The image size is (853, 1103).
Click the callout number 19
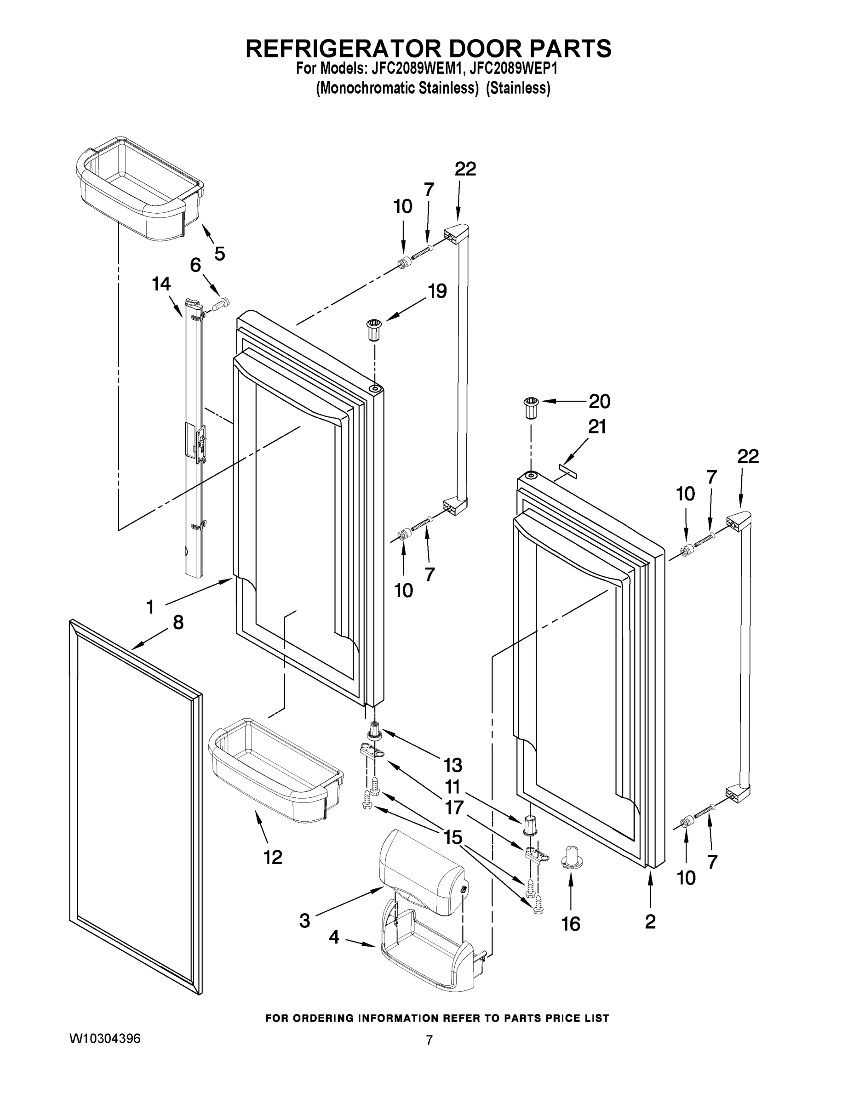coord(437,291)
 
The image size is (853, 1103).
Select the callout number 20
coord(599,402)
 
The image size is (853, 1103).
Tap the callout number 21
coord(597,427)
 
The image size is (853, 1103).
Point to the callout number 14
coord(161,284)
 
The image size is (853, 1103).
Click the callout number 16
coord(571,924)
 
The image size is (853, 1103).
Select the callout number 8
coord(178,622)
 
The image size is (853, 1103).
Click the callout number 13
coord(453,765)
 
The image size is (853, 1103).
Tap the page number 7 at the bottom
coord(429,1040)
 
